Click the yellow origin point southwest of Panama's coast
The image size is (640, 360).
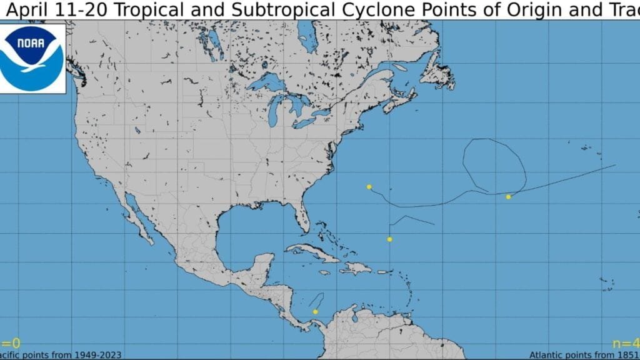click(x=316, y=311)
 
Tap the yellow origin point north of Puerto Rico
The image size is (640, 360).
click(x=389, y=239)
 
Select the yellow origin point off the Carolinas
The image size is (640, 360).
click(x=369, y=187)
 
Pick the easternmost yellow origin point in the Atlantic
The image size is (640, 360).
click(x=508, y=197)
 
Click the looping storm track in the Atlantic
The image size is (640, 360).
click(x=494, y=164)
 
